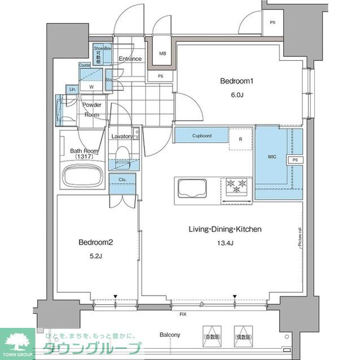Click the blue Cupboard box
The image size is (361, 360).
(201, 136)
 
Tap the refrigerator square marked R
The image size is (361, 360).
(241, 139)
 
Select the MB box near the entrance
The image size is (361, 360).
(162, 54)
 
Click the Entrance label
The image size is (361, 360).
(130, 59)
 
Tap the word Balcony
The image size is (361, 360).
(169, 335)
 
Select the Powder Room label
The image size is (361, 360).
(91, 110)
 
